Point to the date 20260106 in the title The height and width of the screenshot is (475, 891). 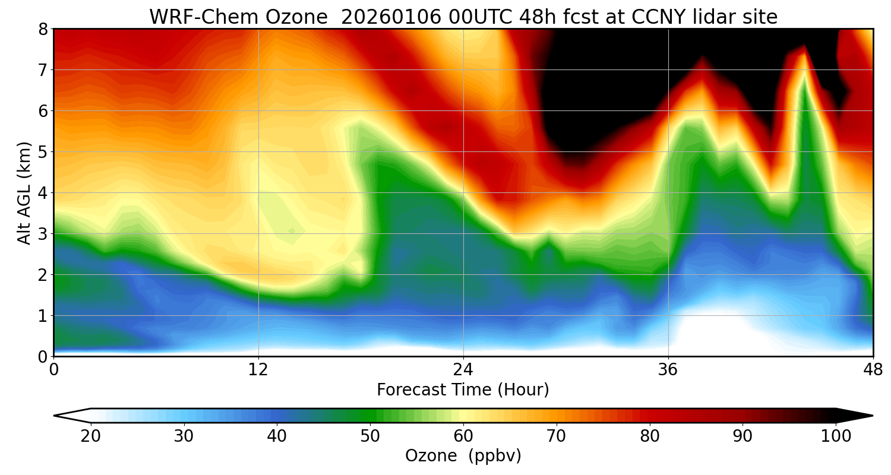point(391,17)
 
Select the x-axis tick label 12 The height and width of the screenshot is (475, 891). point(258,369)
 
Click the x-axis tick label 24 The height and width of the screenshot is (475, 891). point(463,369)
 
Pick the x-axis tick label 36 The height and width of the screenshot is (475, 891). point(668,369)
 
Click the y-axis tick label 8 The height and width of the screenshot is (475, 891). point(42,29)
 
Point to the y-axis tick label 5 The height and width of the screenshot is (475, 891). point(42,152)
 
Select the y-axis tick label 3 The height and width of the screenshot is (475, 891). point(42,234)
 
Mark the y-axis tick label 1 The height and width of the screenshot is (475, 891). point(42,316)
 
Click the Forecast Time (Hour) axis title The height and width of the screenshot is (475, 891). point(463,390)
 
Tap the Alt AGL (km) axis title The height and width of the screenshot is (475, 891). point(24,192)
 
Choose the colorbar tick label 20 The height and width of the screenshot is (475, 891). point(90,436)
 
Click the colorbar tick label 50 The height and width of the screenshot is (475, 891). point(370,436)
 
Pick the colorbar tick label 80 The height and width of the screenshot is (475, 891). point(649,436)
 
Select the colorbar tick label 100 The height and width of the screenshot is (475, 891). point(836,436)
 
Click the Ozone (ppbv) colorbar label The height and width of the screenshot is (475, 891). point(463,456)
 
